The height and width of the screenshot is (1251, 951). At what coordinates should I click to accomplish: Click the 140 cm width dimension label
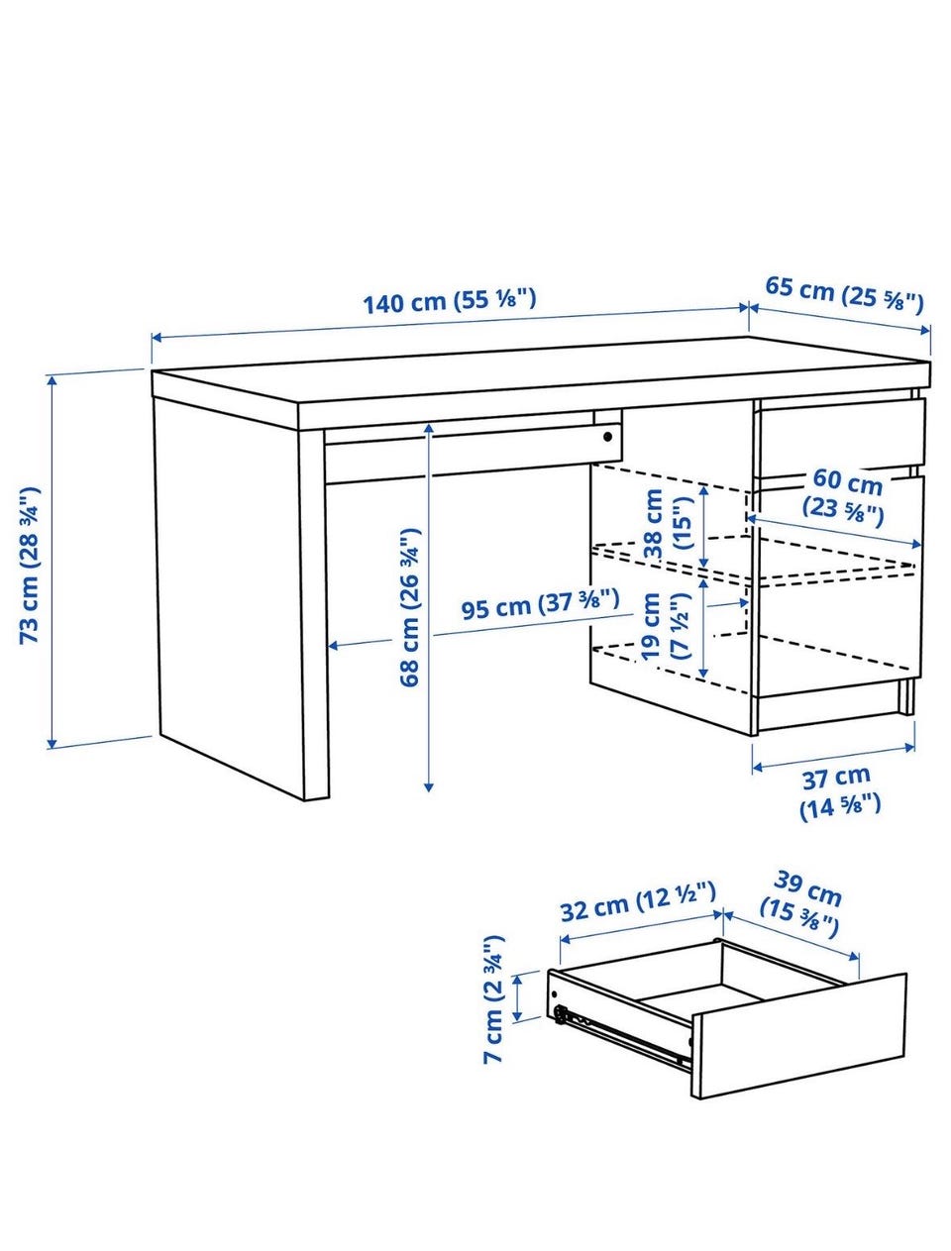click(450, 301)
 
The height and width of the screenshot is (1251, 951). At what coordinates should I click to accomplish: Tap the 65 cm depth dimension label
click(843, 294)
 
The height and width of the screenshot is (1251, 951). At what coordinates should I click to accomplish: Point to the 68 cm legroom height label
click(409, 607)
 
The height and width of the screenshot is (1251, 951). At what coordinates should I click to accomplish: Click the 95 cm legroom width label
click(540, 603)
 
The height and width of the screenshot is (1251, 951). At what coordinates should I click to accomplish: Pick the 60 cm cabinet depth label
click(846, 497)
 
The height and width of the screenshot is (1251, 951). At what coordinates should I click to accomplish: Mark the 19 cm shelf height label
click(666, 627)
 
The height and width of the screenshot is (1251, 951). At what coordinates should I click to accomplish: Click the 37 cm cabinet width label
click(838, 793)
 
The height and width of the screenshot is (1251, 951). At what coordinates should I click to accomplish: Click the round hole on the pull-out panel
click(608, 437)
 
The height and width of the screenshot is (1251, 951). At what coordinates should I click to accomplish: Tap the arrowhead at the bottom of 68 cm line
click(429, 787)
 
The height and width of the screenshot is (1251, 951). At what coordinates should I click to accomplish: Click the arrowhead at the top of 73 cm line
click(52, 380)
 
